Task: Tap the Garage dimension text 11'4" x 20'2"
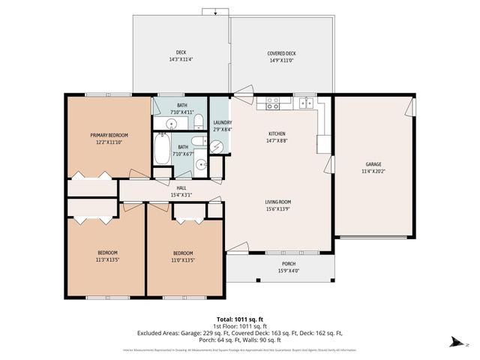pyautogui.click(x=373, y=171)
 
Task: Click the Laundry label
pyautogui.click(x=222, y=122)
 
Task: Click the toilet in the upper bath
pyautogui.click(x=197, y=121)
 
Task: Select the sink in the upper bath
pyautogui.click(x=171, y=124)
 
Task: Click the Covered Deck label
pyautogui.click(x=281, y=53)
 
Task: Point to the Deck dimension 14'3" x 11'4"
pyautogui.click(x=181, y=59)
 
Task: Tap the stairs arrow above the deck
pyautogui.click(x=214, y=11)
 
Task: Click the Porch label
pyautogui.click(x=289, y=264)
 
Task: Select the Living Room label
pyautogui.click(x=277, y=202)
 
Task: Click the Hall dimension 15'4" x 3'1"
pyautogui.click(x=181, y=195)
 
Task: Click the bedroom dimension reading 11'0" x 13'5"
pyautogui.click(x=184, y=260)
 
